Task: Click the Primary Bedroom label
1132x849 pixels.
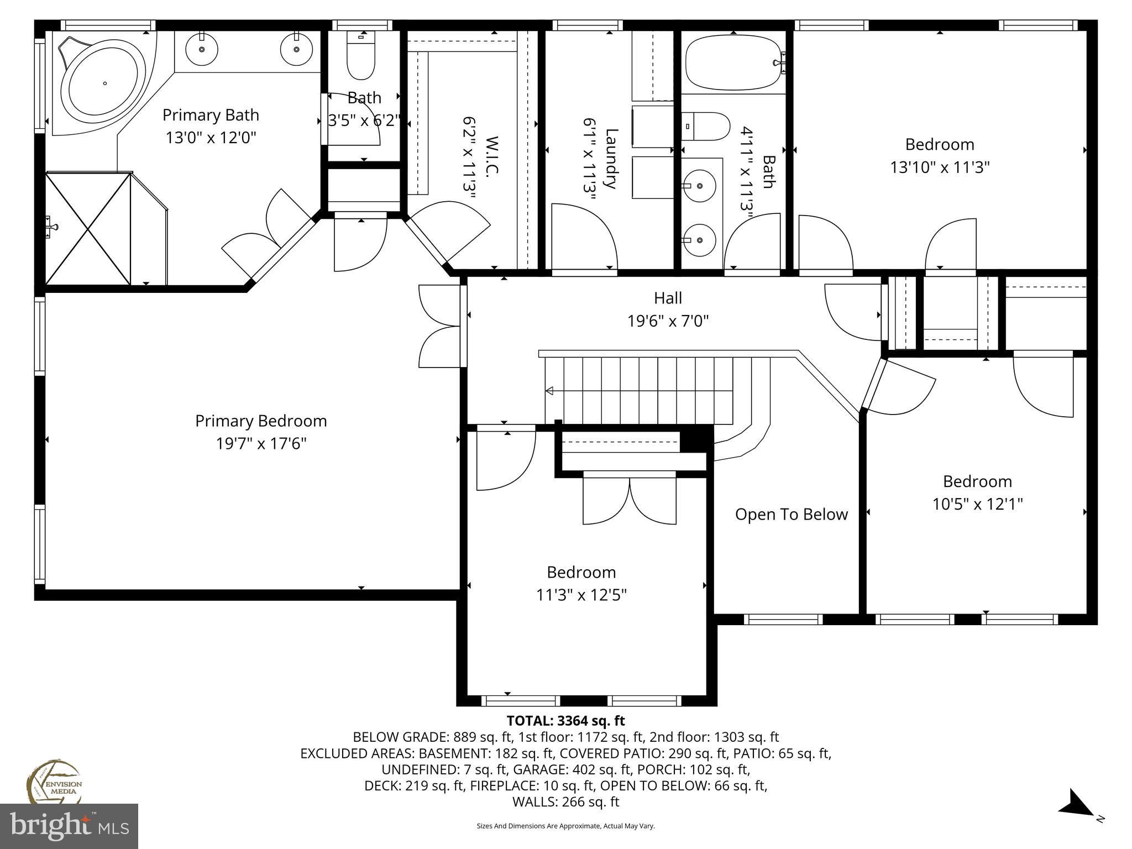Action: point(261,421)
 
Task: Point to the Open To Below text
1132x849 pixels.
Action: point(791,515)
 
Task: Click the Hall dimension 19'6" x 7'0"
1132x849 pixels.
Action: point(668,321)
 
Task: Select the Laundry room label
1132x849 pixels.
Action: point(611,159)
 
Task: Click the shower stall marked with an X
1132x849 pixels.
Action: point(88,228)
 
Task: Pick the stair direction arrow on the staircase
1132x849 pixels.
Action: point(549,391)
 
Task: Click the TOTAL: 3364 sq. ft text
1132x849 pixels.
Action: point(565,721)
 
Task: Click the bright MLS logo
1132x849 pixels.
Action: point(69,826)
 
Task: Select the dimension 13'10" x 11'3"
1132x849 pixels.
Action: point(939,167)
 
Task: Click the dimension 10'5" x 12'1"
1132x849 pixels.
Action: point(977,504)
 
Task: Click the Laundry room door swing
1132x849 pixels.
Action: point(585,237)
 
